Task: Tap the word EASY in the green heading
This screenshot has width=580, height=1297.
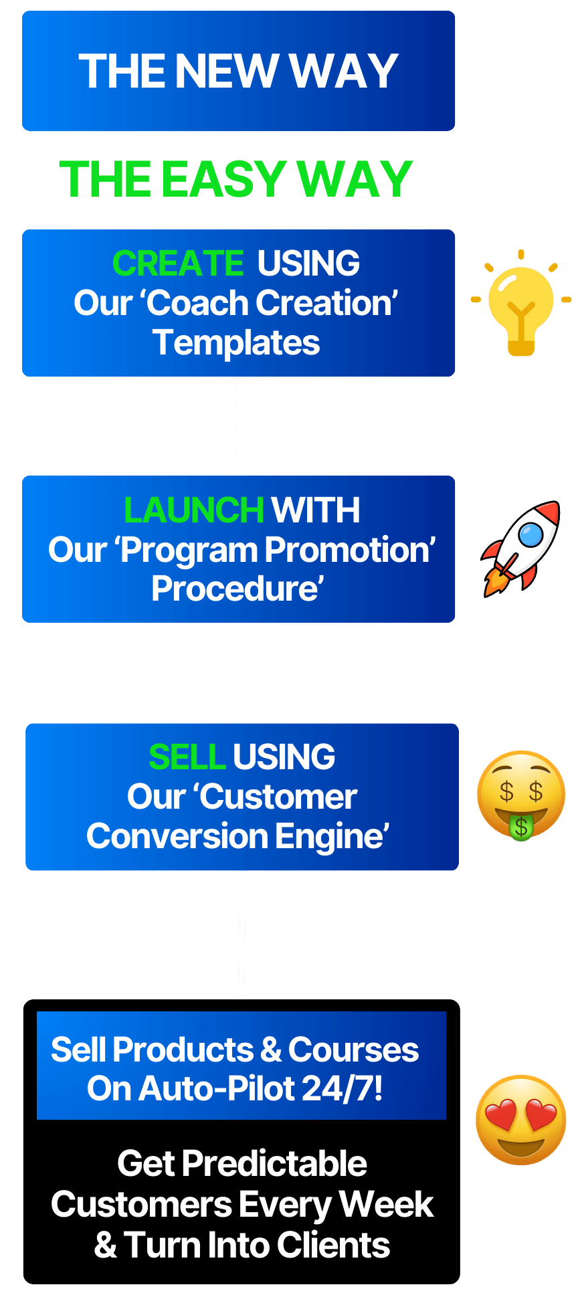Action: [x=224, y=179]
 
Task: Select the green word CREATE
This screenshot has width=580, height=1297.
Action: [x=178, y=263]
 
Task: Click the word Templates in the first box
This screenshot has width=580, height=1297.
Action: [x=236, y=343]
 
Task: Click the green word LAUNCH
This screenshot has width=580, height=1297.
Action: [x=194, y=510]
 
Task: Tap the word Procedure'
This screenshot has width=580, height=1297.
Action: [x=237, y=589]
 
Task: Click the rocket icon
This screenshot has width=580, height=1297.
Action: [x=520, y=548]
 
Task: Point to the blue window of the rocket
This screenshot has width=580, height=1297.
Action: [x=530, y=535]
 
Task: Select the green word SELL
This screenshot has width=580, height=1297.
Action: [x=187, y=757]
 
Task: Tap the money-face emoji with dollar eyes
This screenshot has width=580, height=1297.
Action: [x=521, y=795]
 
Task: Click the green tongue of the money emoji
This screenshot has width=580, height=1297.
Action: [x=521, y=827]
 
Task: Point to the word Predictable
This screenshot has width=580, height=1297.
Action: [x=274, y=1163]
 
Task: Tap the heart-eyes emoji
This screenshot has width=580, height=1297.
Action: [x=521, y=1120]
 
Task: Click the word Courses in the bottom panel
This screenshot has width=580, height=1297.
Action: [x=353, y=1050]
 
